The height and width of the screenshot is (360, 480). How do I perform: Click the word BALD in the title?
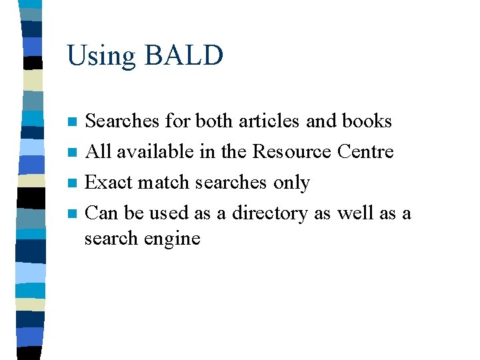[x=183, y=55]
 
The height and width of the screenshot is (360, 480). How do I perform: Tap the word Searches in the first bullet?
[x=123, y=121]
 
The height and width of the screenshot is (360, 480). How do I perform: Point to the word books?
[x=366, y=121]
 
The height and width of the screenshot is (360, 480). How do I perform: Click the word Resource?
[x=292, y=151]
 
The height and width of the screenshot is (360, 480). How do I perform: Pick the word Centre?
[x=365, y=151]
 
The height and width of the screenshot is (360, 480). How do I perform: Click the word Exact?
[x=109, y=182]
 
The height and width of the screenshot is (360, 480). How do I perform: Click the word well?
[x=357, y=213]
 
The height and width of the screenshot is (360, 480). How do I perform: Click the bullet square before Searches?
[x=73, y=122]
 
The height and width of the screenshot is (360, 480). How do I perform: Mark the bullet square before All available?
[x=73, y=153]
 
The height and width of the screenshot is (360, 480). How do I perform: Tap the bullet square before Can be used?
[x=73, y=214]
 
